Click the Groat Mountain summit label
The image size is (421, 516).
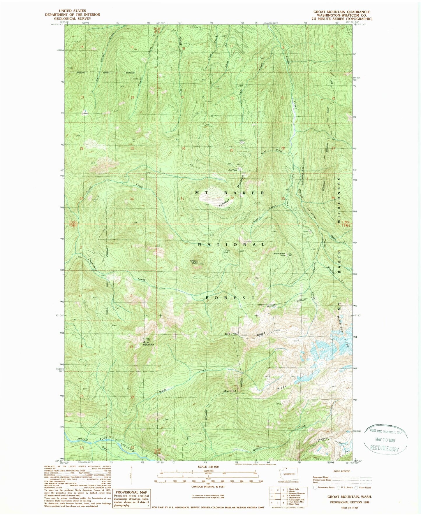pyautogui.click(x=148, y=343)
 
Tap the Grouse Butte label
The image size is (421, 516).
pyautogui.click(x=194, y=262)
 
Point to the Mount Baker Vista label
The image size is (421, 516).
pyautogui.click(x=279, y=254)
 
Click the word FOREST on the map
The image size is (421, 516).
pyautogui.click(x=230, y=298)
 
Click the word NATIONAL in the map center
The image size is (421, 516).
pyautogui.click(x=231, y=244)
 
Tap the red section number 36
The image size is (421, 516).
pyautogui.click(x=132, y=199)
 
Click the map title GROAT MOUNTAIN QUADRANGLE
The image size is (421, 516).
pyautogui.click(x=341, y=12)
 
